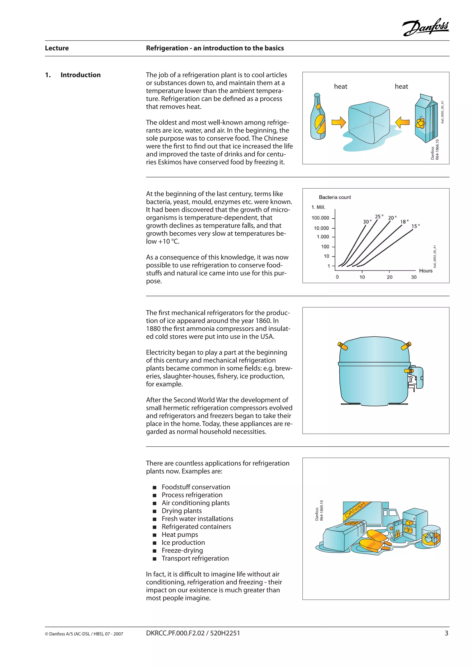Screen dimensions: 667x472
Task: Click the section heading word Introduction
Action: tap(80, 75)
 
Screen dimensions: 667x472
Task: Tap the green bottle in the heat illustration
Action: tap(318, 117)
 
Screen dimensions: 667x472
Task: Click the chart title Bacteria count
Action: tap(335, 197)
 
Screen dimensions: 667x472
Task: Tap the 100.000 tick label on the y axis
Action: tap(320, 218)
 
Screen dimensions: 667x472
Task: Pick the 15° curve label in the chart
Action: tap(415, 226)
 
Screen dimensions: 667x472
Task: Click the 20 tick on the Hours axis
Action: tap(389, 277)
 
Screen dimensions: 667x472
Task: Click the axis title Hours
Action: tap(425, 271)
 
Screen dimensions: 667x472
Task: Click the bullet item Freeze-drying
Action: tap(182, 550)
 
